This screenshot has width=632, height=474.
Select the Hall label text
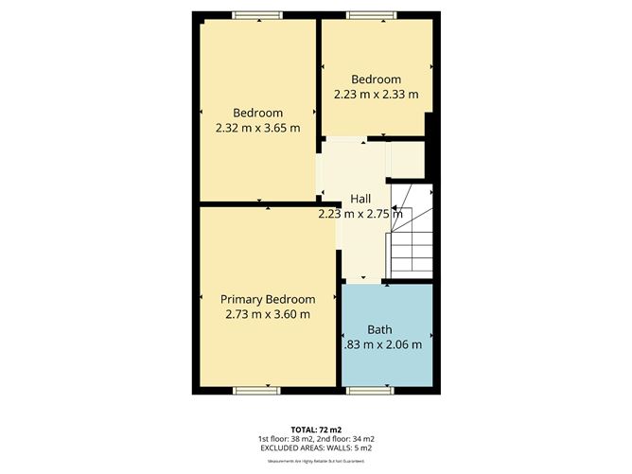tap(360, 199)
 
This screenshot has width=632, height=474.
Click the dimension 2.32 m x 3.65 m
tap(257, 129)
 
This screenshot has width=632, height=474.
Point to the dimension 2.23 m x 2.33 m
tap(377, 95)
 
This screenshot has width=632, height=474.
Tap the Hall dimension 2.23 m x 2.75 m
tap(360, 214)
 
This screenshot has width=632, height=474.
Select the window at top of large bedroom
tap(257, 14)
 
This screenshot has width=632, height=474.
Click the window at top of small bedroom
tap(365, 14)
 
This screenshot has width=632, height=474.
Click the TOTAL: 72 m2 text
tap(315, 430)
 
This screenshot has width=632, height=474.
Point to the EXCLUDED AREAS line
tap(315, 448)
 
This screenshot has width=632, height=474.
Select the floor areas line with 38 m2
tap(315, 439)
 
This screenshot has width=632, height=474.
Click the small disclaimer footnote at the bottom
tap(315, 461)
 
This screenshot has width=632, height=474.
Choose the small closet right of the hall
tap(407, 160)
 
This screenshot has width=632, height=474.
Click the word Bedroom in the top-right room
tap(377, 79)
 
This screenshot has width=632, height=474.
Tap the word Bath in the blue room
tap(379, 329)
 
